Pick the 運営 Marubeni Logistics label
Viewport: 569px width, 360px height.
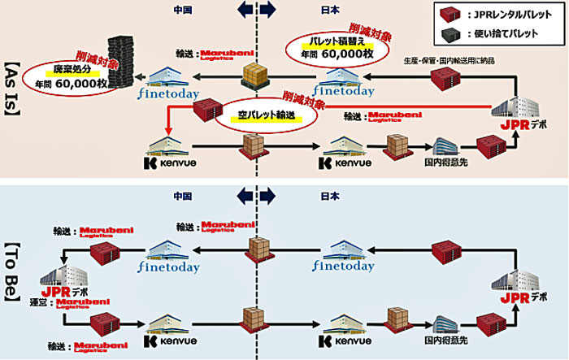[x=77, y=306]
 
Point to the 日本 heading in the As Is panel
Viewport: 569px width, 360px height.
[x=329, y=11]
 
